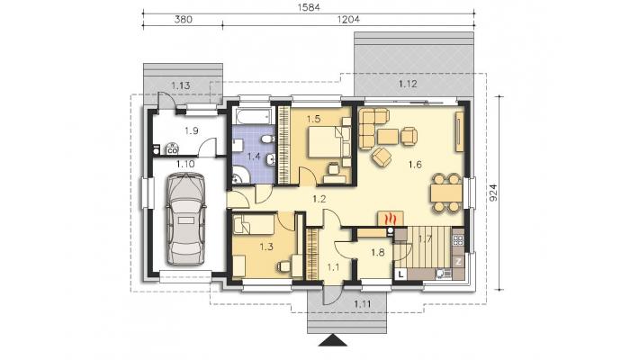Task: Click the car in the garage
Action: (186, 219)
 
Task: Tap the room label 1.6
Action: (415, 165)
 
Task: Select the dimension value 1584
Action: (309, 7)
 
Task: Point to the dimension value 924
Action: (494, 193)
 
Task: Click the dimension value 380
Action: (183, 19)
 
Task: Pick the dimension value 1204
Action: (348, 19)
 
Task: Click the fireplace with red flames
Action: (391, 219)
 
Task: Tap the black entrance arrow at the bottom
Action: (333, 340)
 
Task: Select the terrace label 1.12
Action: (408, 84)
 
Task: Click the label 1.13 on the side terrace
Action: (181, 85)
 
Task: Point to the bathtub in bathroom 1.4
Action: (253, 116)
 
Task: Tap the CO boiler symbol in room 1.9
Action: (172, 149)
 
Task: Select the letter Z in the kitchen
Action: (458, 262)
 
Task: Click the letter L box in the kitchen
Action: (401, 274)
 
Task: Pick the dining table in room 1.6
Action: (446, 193)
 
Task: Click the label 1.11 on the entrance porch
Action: (363, 304)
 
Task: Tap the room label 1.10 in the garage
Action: (185, 164)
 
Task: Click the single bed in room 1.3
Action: (255, 224)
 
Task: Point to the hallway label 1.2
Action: (319, 199)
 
